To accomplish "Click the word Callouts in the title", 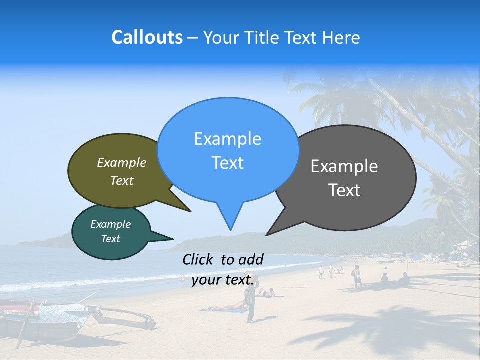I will (x=147, y=37).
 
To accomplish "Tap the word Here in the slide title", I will (x=341, y=37).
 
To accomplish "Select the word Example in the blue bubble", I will (x=227, y=139).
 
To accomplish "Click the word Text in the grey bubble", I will (x=344, y=190).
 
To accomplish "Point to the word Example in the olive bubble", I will (x=122, y=162).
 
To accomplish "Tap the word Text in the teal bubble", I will (x=110, y=239).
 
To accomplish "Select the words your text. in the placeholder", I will (x=223, y=280).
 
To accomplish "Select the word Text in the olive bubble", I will (x=122, y=181).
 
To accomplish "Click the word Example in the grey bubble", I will (x=344, y=166).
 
